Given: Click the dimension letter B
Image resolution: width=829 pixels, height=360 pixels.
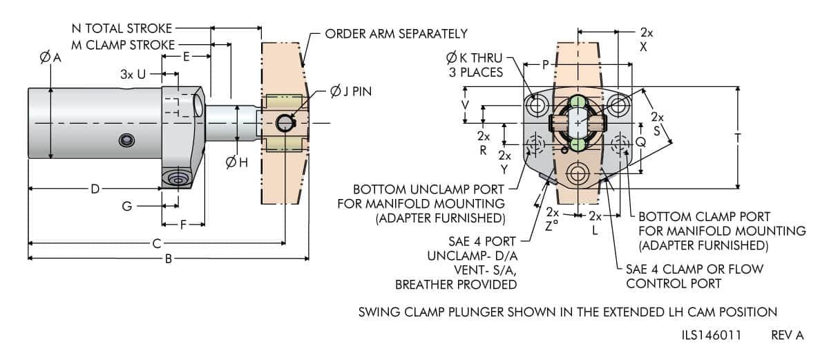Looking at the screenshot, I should point(168,259).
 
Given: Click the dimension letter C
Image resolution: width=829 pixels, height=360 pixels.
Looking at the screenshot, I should point(158,243).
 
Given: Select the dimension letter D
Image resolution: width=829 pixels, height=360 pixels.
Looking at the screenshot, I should point(95,188).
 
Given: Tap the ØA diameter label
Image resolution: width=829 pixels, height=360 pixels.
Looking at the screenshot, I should point(50,59).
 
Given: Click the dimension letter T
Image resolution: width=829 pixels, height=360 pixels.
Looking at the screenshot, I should point(739,138).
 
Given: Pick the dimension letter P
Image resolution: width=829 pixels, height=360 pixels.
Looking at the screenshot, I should point(545,65).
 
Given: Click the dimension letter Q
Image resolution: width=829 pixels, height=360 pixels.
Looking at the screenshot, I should point(640,142).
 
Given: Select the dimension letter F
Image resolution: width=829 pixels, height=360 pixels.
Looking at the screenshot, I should point(183,224).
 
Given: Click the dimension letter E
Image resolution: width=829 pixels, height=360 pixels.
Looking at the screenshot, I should point(186,58).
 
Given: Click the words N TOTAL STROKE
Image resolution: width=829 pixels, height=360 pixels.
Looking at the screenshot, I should point(122,29).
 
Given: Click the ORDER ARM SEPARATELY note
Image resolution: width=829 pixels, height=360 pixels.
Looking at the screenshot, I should point(396,33).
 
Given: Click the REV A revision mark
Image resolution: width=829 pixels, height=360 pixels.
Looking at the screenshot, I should point(787,335).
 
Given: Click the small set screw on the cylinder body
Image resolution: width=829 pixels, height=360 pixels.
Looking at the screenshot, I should point(126,141).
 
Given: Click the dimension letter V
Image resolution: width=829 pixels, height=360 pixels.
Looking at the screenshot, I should point(465,105).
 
